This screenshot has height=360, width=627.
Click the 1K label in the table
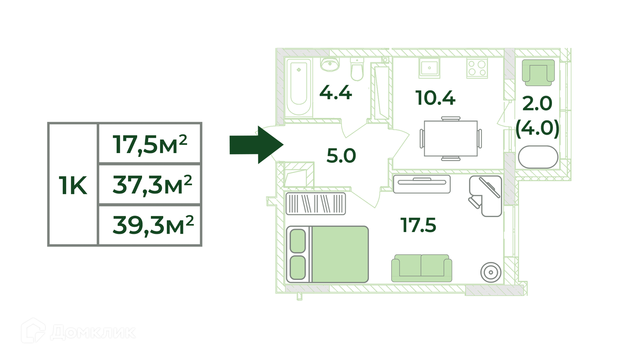[x=73, y=185]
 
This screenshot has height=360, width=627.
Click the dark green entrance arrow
[x=256, y=145]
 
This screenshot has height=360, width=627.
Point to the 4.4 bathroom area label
[x=335, y=93]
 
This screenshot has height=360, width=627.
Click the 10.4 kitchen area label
[x=435, y=98]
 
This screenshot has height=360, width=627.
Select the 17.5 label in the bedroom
[x=418, y=225]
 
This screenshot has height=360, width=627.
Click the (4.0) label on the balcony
[x=537, y=128]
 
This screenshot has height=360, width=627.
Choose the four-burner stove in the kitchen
[x=477, y=68]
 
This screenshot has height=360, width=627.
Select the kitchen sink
[x=429, y=68]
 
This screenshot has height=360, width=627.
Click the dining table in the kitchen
[x=451, y=138]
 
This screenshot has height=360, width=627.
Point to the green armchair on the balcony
[x=538, y=72]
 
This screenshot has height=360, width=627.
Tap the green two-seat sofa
[x=422, y=268]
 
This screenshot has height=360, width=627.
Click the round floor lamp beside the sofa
[x=491, y=272]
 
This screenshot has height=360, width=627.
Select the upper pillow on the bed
[x=297, y=241]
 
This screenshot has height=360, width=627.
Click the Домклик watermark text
[x=93, y=332]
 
